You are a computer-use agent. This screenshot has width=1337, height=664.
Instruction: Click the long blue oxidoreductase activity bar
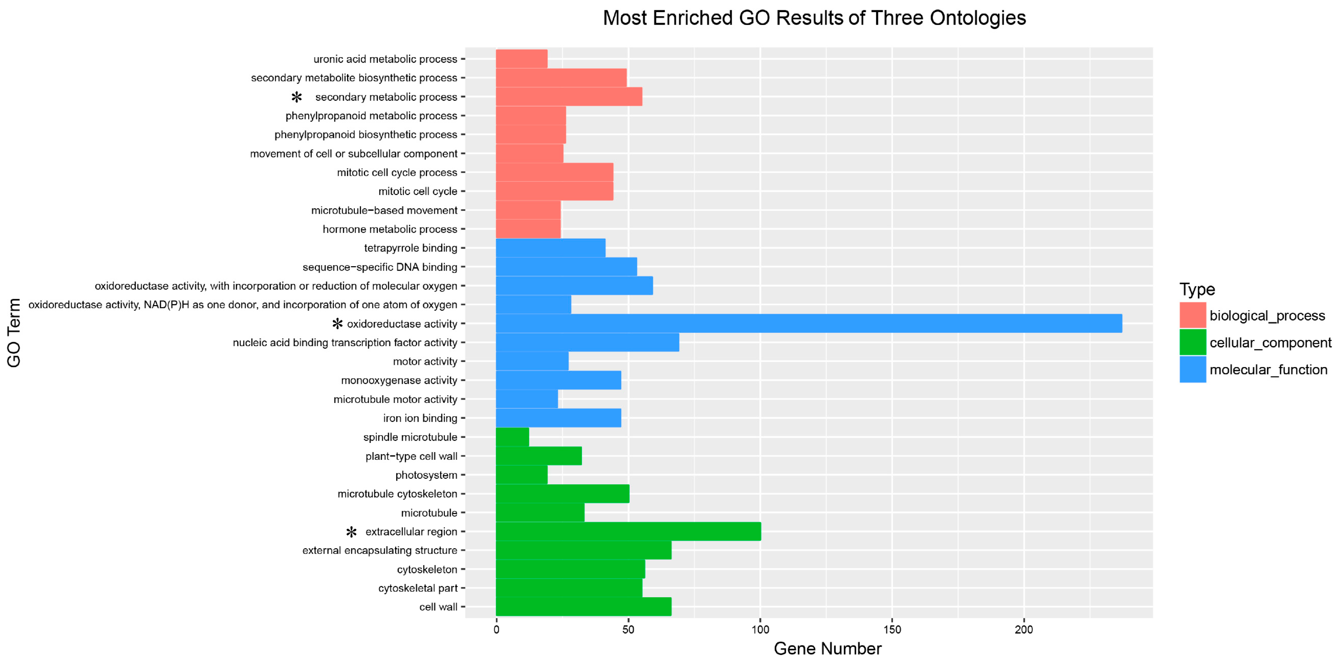(809, 323)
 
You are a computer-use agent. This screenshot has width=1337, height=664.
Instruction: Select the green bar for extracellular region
(628, 532)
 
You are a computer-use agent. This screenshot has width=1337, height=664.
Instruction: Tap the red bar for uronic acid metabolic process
(522, 59)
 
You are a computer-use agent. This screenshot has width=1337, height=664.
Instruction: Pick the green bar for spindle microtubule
(512, 437)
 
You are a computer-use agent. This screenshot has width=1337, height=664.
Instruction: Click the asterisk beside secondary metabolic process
(297, 97)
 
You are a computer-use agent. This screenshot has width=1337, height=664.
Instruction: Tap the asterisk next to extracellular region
(351, 532)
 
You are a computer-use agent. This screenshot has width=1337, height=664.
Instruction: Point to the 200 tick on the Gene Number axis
(1024, 630)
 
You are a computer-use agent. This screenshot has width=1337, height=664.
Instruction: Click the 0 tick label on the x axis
(496, 630)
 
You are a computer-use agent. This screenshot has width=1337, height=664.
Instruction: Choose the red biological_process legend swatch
(1192, 315)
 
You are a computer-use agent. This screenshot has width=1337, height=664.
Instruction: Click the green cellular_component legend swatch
(1192, 342)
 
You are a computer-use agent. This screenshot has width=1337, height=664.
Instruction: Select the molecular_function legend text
(1268, 370)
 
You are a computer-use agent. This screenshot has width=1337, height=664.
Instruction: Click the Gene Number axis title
(827, 649)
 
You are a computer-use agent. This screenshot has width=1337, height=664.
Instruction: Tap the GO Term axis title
(14, 333)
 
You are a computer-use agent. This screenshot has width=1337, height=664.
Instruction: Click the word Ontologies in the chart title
(977, 18)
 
